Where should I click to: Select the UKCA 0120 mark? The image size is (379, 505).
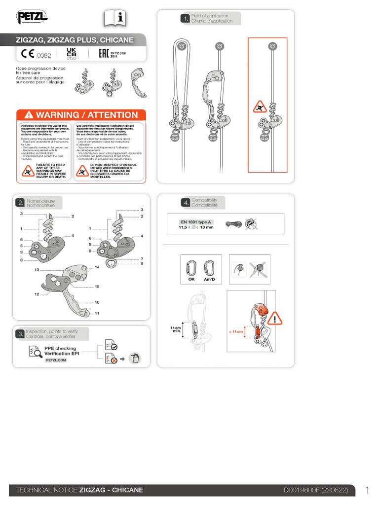[71, 53]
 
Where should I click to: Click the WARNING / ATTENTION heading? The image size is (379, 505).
[81, 115]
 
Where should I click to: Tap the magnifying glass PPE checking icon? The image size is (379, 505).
[35, 351]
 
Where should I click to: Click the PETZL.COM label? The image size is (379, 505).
[56, 361]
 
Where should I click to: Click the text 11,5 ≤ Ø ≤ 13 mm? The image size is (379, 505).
[196, 227]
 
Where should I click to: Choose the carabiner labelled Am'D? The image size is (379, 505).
[209, 268]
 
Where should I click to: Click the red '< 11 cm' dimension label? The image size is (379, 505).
[236, 332]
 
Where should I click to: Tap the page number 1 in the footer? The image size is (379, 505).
[368, 490]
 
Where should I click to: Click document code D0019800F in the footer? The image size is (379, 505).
[301, 490]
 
